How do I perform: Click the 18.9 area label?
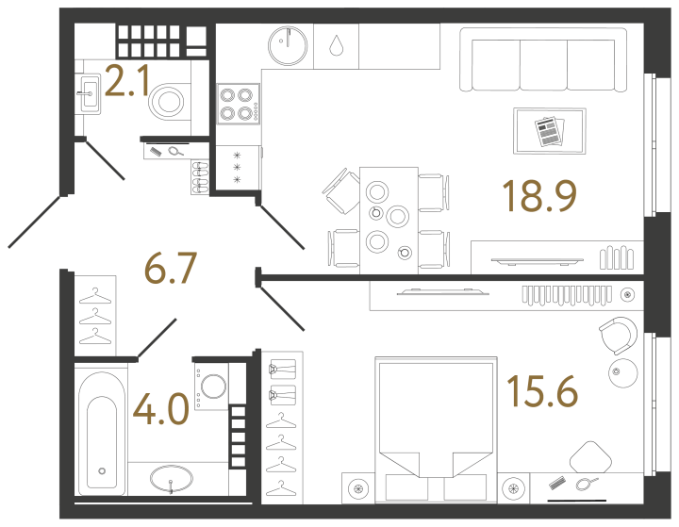pyautogui.click(x=538, y=196)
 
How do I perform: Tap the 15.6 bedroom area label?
pyautogui.click(x=541, y=389)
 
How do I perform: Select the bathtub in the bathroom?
pyautogui.click(x=100, y=429)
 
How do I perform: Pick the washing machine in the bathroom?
pyautogui.click(x=213, y=387)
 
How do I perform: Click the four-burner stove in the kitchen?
pyautogui.click(x=238, y=104)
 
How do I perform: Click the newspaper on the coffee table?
pyautogui.click(x=548, y=130)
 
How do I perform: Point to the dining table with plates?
pyautogui.click(x=388, y=217)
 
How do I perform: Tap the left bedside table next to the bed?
pyautogui.click(x=358, y=487)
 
